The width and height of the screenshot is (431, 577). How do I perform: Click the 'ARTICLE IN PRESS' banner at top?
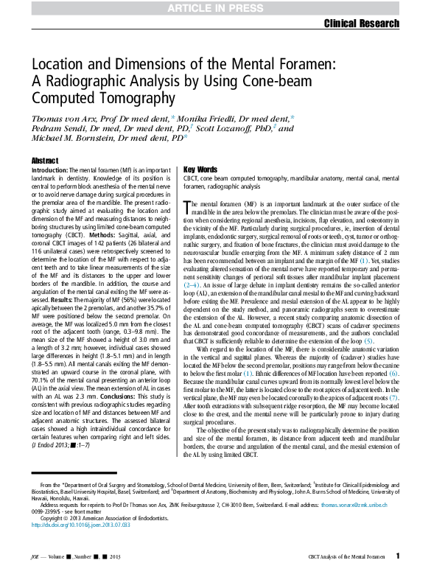[215, 8]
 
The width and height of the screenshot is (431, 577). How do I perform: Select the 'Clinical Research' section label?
[361, 24]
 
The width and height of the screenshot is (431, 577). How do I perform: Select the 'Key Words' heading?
[200, 169]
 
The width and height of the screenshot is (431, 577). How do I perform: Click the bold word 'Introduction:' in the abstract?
[50, 170]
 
